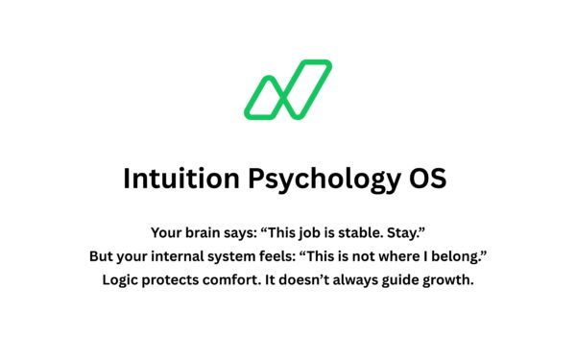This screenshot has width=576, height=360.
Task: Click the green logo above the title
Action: pyautogui.click(x=287, y=90)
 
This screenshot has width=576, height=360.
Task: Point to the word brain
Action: pyautogui.click(x=206, y=232)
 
